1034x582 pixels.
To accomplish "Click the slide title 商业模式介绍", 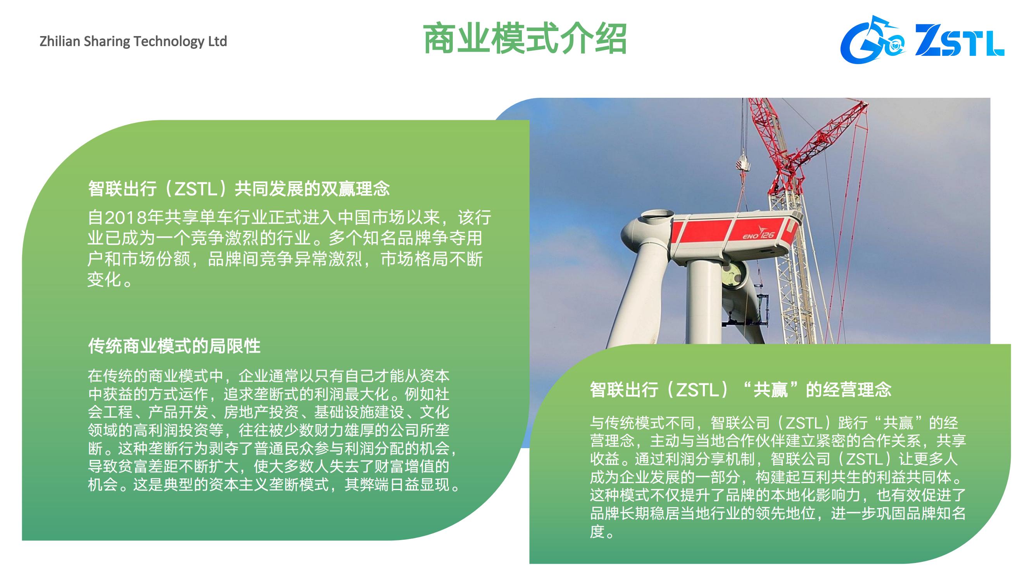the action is pyautogui.click(x=525, y=39).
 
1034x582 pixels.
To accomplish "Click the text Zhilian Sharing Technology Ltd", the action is pyautogui.click(x=133, y=42).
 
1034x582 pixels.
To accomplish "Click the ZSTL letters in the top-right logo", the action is pyautogui.click(x=960, y=41).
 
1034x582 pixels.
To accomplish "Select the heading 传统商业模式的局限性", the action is pyautogui.click(x=174, y=346).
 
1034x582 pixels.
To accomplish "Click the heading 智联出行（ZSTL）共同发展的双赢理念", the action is pyautogui.click(x=239, y=189).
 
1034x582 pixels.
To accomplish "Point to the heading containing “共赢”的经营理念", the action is pyautogui.click(x=741, y=389).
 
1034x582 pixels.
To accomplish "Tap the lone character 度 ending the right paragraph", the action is pyautogui.click(x=597, y=531).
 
